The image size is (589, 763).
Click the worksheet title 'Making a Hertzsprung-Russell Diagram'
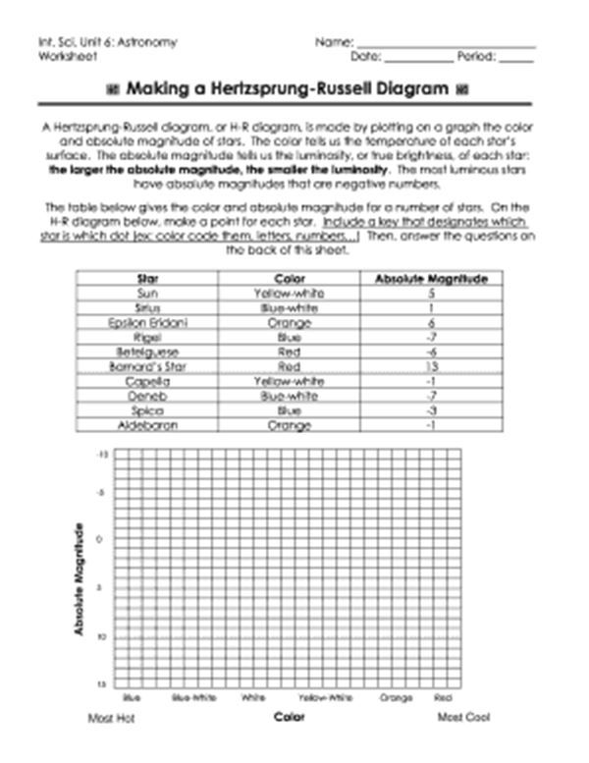pyautogui.click(x=284, y=89)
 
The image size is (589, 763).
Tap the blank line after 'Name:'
pyautogui.click(x=446, y=44)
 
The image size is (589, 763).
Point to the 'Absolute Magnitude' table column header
pyautogui.click(x=431, y=279)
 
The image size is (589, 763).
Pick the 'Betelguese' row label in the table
pyautogui.click(x=150, y=352)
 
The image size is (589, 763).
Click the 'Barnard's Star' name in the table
pyautogui.click(x=150, y=366)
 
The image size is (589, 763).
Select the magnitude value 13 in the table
pyautogui.click(x=431, y=366)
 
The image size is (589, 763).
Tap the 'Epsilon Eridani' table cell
pyautogui.click(x=150, y=322)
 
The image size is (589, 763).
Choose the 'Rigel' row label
pyautogui.click(x=150, y=337)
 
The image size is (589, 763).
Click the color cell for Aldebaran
pyautogui.click(x=291, y=426)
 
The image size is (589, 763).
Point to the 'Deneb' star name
pyautogui.click(x=150, y=397)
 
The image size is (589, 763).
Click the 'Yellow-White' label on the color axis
pyautogui.click(x=325, y=698)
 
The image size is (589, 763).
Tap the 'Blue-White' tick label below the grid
pyautogui.click(x=193, y=698)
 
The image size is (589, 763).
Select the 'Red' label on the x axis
pyautogui.click(x=443, y=698)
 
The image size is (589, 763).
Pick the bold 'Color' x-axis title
pyautogui.click(x=289, y=717)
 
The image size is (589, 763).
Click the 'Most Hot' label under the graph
pyautogui.click(x=110, y=719)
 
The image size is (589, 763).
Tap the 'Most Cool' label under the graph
pyautogui.click(x=463, y=718)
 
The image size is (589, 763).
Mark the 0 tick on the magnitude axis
pyautogui.click(x=100, y=539)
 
